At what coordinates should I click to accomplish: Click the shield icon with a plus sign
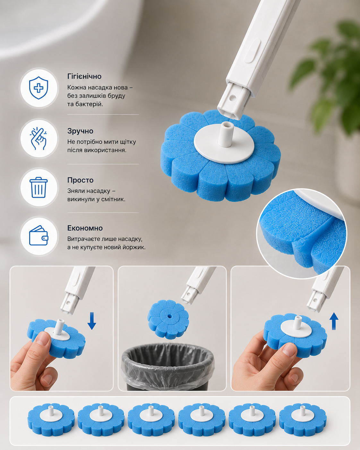click(x=39, y=88)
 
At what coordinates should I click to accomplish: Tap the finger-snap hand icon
click(x=39, y=138)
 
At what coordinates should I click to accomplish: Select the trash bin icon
click(x=39, y=187)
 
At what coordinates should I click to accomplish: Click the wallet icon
click(x=39, y=236)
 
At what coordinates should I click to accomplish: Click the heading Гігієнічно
click(x=84, y=76)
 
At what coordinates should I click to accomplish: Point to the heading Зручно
click(x=80, y=131)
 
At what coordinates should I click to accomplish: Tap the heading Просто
click(x=80, y=180)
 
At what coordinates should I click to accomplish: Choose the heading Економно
click(x=85, y=228)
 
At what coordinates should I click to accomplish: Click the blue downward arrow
click(x=92, y=321)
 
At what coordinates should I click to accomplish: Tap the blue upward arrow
click(x=334, y=324)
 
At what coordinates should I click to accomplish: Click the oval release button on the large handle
click(x=252, y=50)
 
